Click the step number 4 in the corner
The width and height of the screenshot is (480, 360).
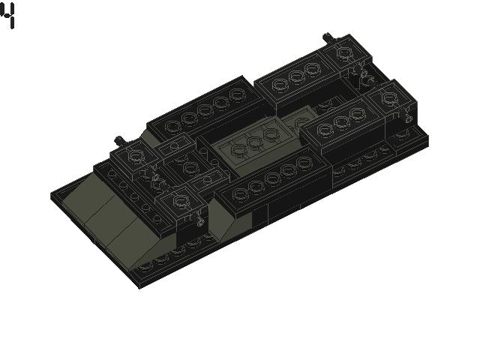[7, 15]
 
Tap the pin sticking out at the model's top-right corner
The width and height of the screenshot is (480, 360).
[328, 37]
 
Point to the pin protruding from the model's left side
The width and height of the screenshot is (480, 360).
[118, 140]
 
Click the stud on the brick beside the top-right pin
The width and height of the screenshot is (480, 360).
[346, 53]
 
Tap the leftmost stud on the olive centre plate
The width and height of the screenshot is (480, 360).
[239, 149]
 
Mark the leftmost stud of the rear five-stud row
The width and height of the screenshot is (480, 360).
[172, 125]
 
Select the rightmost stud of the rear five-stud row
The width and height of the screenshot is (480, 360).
[238, 95]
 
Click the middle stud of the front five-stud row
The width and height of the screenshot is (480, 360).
[272, 179]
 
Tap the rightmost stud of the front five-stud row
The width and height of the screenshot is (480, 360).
[304, 163]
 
